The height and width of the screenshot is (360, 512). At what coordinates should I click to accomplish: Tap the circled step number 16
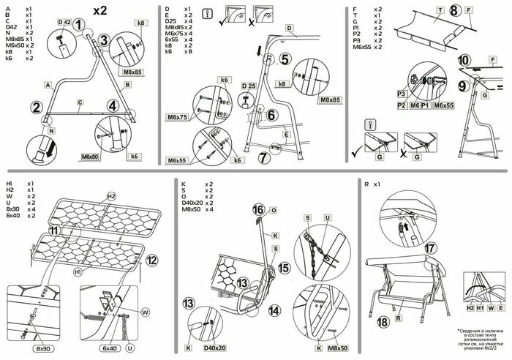point(257,209)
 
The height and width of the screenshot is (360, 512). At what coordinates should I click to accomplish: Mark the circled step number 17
point(430,248)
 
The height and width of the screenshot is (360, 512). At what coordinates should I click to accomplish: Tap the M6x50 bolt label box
point(90,157)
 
